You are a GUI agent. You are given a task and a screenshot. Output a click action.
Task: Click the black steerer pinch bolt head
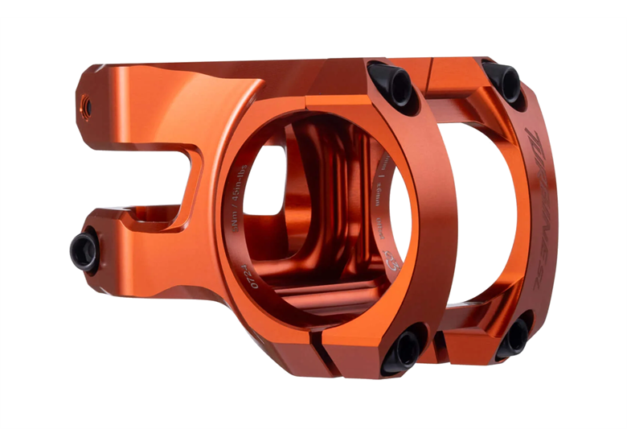point(84,250)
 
